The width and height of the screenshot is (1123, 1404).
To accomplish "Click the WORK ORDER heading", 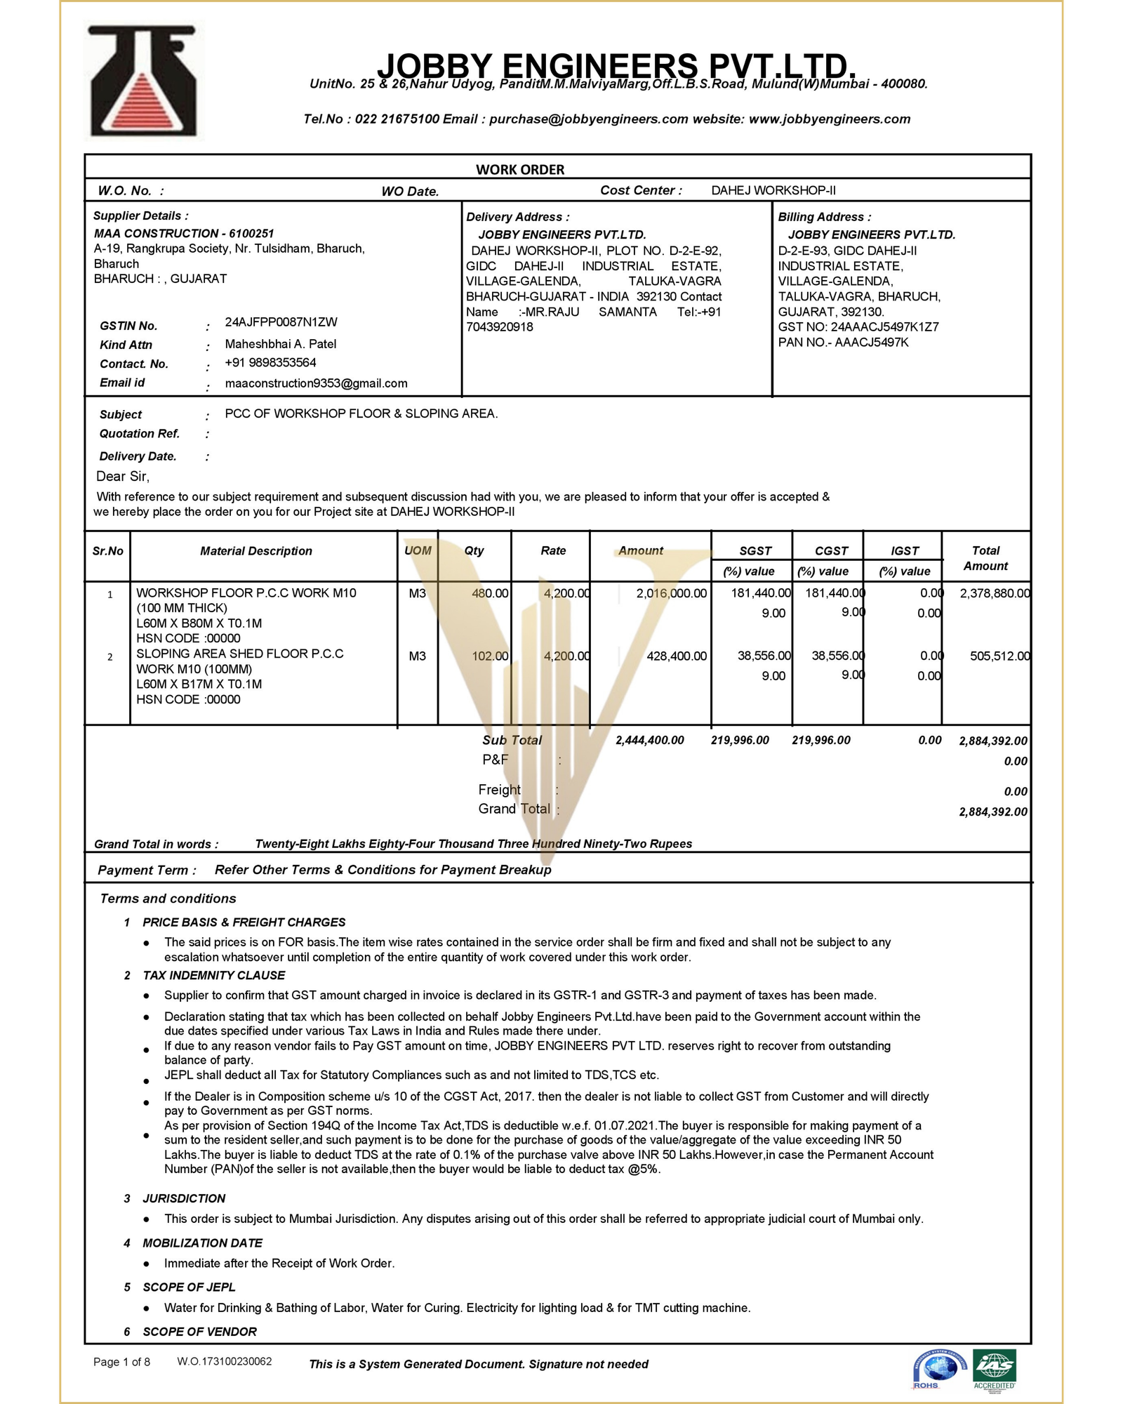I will (520, 169).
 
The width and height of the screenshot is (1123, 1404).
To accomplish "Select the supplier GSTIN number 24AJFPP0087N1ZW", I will (281, 322).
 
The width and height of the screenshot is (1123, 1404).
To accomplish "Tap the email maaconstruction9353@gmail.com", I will (316, 383).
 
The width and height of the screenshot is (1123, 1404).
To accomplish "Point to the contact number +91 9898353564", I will (270, 363).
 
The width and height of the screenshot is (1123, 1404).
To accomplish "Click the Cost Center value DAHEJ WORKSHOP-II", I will (773, 190).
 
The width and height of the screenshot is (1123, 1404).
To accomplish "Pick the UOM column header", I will (418, 551).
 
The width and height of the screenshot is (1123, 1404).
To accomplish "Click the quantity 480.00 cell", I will (490, 593).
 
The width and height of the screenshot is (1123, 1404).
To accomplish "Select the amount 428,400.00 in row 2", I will (676, 656).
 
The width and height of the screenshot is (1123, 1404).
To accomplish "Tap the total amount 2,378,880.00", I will (995, 593).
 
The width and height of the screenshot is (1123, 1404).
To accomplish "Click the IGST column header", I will (904, 551).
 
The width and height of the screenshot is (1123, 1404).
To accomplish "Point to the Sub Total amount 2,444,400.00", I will (649, 741).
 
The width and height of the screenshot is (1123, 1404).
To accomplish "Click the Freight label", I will (499, 790).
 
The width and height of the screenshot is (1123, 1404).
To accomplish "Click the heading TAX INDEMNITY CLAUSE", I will (214, 976).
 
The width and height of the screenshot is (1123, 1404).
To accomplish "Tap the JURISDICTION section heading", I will (184, 1198).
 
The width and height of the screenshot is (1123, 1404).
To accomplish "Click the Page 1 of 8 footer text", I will (121, 1363).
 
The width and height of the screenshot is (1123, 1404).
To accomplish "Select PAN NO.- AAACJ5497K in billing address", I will (843, 343).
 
